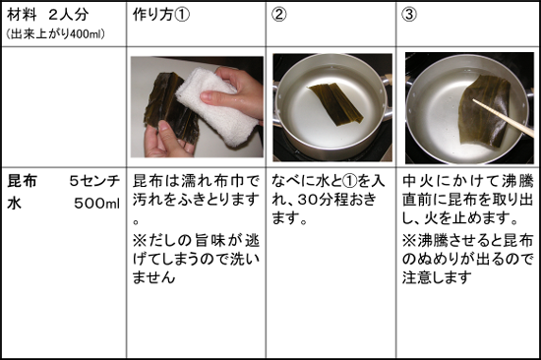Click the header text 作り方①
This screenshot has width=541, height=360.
coord(161,15)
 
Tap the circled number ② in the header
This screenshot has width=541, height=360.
coord(278,15)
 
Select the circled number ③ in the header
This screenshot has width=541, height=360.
coord(409,15)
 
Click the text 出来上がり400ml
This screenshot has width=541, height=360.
coord(55,33)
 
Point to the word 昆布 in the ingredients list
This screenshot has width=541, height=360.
coord(22,181)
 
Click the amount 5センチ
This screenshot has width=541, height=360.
coord(94,181)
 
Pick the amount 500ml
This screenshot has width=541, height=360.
coord(97,204)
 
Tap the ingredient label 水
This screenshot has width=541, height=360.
coord(14,204)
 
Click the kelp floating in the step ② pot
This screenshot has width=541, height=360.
coord(335,103)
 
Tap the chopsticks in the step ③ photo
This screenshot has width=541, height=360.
coord(503,117)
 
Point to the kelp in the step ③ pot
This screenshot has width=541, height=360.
coord(483,110)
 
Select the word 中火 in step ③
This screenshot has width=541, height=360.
coord(417,181)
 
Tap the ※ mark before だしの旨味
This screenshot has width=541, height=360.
coord(141,241)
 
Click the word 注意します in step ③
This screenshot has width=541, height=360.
coord(437,277)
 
